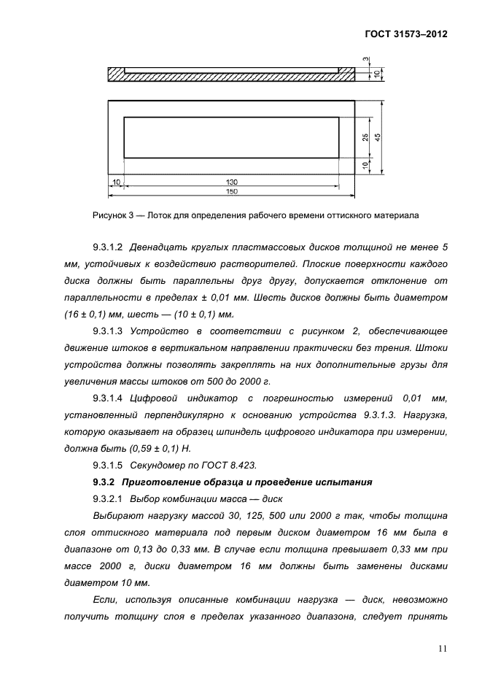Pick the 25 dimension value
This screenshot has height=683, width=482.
(365, 136)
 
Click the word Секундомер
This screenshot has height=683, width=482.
(158, 465)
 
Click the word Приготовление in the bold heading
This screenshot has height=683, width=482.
(160, 482)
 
